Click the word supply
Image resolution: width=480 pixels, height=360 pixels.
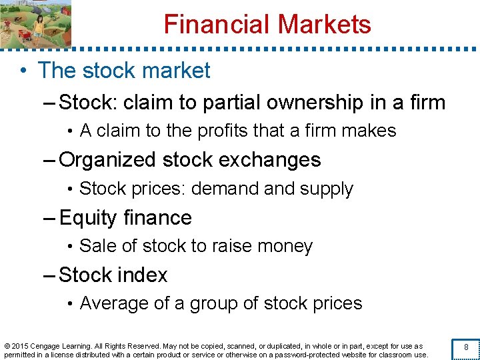coord(327,189)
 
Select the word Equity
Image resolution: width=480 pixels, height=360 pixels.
coord(87,218)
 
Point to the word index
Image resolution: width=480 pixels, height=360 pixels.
coord(142,275)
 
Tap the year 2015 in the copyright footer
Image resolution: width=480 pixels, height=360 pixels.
coord(22,346)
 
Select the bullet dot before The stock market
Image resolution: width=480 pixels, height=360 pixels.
coord(23,71)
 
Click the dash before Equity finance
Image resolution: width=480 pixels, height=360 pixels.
coord(51,218)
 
